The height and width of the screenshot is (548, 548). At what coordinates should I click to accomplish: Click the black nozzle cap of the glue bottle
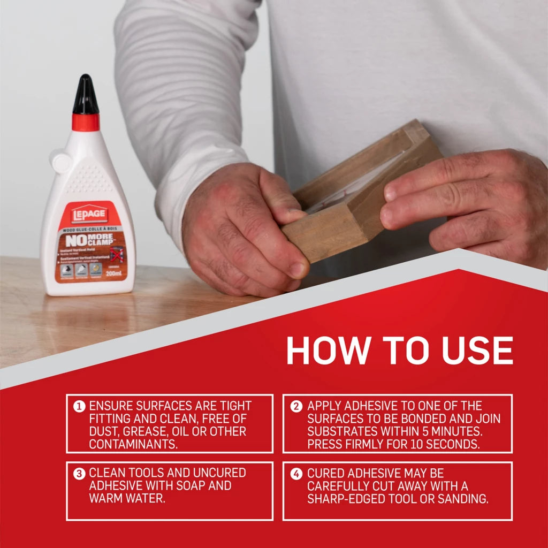tap(86, 95)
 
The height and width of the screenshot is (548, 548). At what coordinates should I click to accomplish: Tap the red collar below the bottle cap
tap(86, 122)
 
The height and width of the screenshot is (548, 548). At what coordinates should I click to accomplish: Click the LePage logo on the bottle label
tap(89, 215)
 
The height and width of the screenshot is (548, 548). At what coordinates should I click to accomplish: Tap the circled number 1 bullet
tap(79, 407)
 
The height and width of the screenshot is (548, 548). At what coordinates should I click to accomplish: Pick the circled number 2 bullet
tap(296, 407)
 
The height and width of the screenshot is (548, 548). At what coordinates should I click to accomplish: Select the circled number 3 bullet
tap(79, 474)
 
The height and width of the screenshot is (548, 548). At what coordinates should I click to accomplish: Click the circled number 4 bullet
tap(296, 474)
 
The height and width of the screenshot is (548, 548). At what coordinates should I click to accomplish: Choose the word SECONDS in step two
tap(452, 444)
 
